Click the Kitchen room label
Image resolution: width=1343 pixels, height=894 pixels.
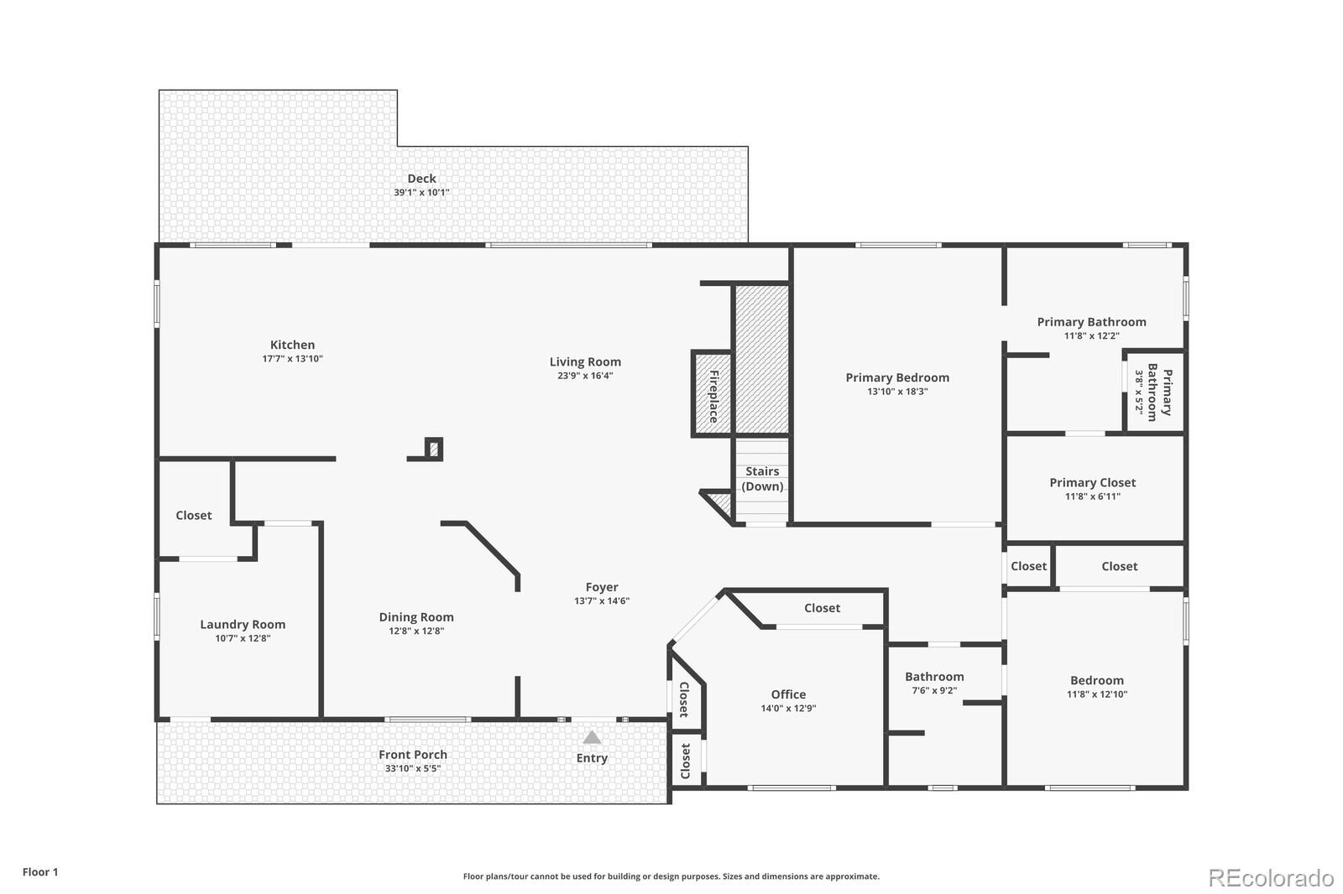292,345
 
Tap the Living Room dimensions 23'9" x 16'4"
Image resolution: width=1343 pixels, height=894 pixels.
585,376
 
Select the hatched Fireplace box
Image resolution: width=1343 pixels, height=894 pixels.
712,394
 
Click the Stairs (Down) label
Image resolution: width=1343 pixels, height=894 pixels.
762,479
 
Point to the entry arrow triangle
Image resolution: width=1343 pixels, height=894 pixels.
592,738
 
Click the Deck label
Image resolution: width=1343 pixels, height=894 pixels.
421,178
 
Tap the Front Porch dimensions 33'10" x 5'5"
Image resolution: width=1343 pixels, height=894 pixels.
412,768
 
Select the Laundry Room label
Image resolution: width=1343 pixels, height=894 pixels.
243,624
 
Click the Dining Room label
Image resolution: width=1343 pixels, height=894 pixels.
415,617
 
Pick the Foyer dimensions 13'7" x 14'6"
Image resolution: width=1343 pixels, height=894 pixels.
602,600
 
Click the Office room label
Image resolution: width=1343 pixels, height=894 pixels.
788,694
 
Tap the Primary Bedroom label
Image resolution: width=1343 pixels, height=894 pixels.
897,377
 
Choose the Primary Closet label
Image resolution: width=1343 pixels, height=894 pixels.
1092,482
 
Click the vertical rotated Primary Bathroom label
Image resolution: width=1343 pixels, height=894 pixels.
1159,392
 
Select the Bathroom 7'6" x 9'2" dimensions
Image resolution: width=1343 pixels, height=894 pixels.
934,691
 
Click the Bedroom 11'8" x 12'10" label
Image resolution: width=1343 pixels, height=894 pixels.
1096,680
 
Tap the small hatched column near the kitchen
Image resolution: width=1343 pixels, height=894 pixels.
433,450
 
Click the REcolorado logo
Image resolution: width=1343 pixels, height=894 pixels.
1271,878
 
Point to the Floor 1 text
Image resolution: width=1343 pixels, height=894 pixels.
40,872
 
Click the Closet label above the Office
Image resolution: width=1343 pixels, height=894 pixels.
822,608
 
